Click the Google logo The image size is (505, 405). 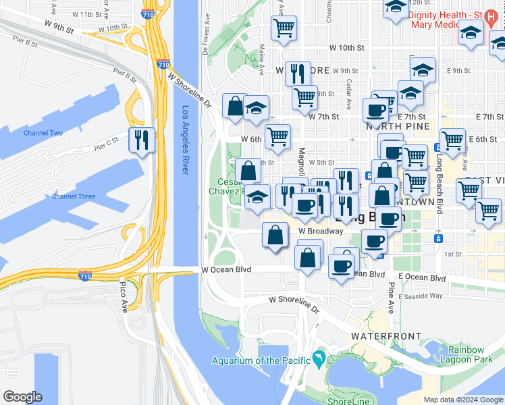pyautogui.click(x=22, y=397)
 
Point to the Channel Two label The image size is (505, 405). pyautogui.click(x=43, y=133)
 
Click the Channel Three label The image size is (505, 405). pyautogui.click(x=74, y=196)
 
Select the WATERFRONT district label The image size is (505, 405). pyautogui.click(x=386, y=336)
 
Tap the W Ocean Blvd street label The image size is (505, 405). pyautogui.click(x=226, y=269)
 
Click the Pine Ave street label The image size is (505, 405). pyautogui.click(x=391, y=298)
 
